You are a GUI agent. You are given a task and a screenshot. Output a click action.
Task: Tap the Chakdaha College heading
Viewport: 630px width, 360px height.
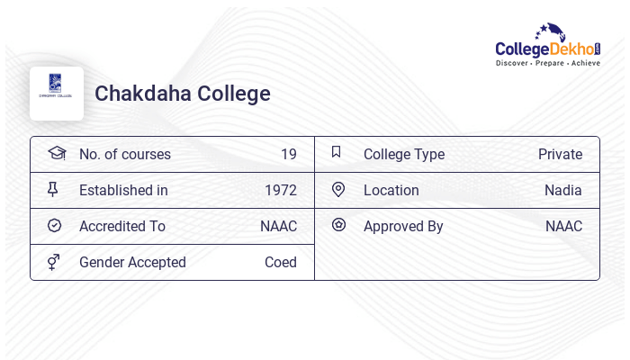coord(182,94)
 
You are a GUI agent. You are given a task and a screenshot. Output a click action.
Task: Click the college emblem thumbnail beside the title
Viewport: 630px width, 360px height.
coord(57,93)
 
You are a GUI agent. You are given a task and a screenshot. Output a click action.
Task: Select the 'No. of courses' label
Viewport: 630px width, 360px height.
coord(124,154)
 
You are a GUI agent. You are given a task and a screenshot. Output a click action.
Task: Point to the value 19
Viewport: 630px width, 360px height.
coord(288,154)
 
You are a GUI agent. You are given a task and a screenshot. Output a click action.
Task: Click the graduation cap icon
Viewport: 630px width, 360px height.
coord(56,153)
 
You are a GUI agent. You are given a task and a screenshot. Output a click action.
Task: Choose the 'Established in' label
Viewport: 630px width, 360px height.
coord(123,190)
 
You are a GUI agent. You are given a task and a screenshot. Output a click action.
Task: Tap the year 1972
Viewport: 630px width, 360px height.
coord(280,190)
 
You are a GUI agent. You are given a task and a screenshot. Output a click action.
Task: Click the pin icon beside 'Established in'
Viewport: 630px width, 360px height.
coord(54,189)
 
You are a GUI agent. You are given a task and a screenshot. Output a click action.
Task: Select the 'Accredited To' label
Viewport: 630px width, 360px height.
coord(121,226)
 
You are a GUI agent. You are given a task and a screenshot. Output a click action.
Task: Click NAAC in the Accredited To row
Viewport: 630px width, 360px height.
coord(278,226)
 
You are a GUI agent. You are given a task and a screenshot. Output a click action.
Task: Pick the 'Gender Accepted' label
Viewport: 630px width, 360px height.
coord(132,262)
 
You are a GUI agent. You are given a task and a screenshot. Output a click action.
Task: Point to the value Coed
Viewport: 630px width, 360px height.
coord(280,262)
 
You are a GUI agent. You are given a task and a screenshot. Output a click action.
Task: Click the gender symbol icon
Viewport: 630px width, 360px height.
coord(54,262)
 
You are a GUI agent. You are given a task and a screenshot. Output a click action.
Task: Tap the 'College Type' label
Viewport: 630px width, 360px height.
coord(403,154)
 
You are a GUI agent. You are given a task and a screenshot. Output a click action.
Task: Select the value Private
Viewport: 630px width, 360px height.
coord(560,154)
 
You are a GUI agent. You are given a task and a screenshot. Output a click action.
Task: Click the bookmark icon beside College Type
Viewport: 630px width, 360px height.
coord(337,152)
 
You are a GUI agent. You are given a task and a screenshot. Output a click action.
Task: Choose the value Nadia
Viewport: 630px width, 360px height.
coord(562,190)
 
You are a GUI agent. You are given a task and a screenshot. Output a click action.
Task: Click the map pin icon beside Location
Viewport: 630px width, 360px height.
coord(338,189)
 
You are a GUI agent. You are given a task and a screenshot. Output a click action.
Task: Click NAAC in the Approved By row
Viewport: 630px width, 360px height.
coord(563,226)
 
